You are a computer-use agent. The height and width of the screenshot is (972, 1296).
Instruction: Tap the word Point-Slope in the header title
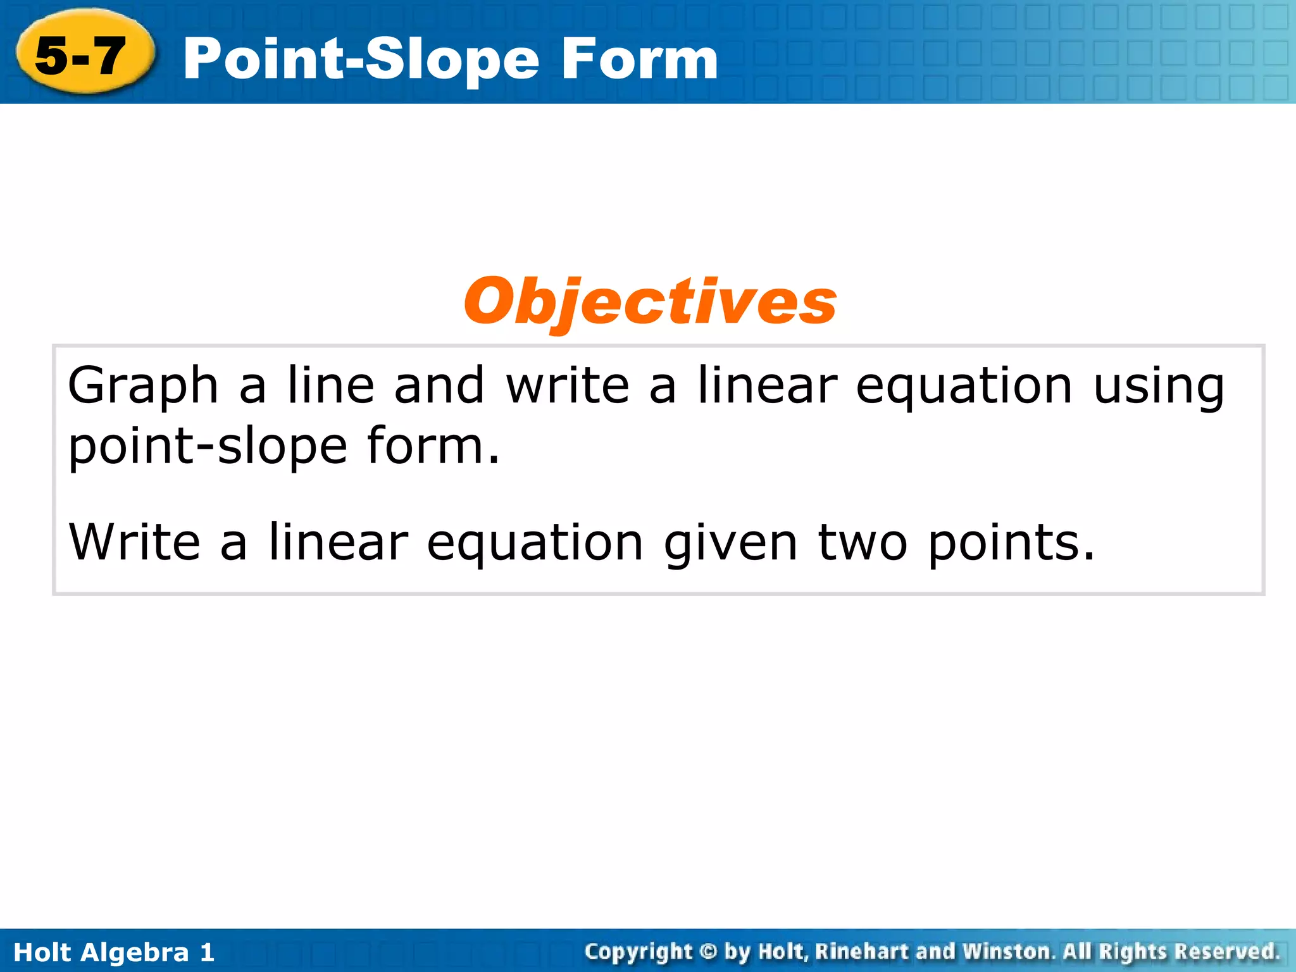coord(361,59)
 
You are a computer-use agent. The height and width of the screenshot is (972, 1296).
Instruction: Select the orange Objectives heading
coord(650,302)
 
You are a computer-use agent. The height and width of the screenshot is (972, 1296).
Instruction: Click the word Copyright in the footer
coord(639,951)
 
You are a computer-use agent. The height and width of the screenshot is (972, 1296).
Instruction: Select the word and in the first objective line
coord(439,386)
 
